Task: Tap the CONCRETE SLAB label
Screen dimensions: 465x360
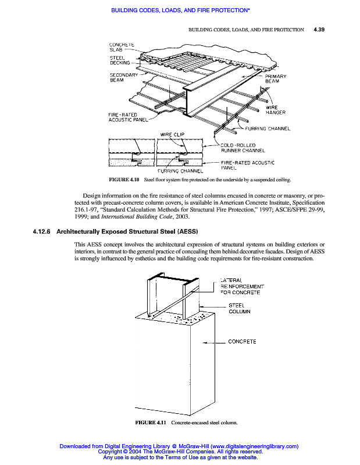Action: (x=122, y=47)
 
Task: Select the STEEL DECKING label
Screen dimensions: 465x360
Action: (x=121, y=60)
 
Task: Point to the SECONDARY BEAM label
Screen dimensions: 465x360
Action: (x=123, y=77)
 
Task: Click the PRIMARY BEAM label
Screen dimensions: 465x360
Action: (x=276, y=79)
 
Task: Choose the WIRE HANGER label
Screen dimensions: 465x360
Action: (x=272, y=110)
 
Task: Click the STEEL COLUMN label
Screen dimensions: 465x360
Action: (x=239, y=309)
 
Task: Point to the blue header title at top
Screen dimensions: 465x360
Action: (x=180, y=10)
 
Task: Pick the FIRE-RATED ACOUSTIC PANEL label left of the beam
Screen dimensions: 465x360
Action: (x=127, y=117)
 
